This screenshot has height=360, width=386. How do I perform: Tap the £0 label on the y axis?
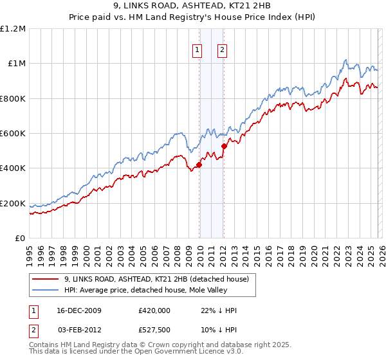21,239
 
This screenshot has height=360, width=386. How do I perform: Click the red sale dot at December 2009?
199,165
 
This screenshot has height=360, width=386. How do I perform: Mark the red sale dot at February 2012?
224,146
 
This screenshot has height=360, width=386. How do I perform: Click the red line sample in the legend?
46,279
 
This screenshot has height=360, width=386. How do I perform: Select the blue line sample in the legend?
46,291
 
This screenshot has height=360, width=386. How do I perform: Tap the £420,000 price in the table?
154,310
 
